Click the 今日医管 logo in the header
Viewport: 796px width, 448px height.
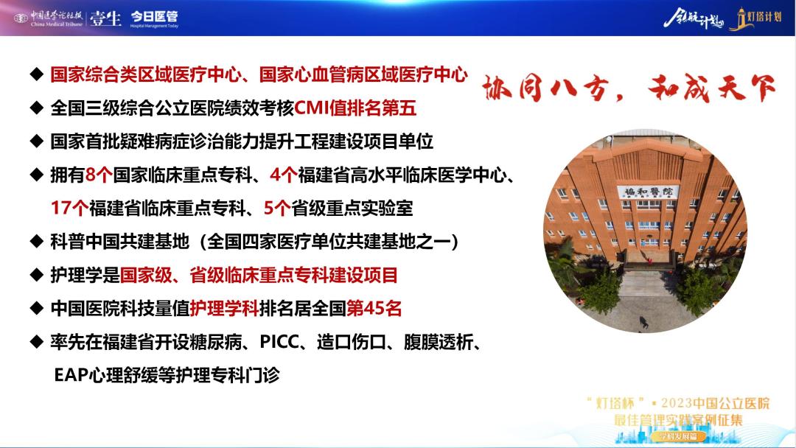coord(154,18)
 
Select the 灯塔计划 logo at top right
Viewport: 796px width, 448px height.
coord(756,18)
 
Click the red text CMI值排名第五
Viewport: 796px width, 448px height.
coord(355,108)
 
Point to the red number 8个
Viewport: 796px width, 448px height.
coord(99,175)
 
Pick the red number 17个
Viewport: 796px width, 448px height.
coord(69,208)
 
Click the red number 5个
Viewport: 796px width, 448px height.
coord(277,208)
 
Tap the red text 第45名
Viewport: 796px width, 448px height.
coord(374,308)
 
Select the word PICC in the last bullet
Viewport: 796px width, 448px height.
coord(280,342)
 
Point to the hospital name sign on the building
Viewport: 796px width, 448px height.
coord(648,192)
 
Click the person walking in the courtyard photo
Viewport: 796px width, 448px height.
coord(643,322)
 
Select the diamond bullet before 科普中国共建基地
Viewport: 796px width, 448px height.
coord(37,242)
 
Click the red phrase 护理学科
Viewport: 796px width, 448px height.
coord(224,308)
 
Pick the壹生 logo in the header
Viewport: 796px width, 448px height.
coord(105,18)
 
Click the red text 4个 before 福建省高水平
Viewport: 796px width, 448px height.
coord(283,175)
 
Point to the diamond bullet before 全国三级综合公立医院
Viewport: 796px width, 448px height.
coord(37,108)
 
